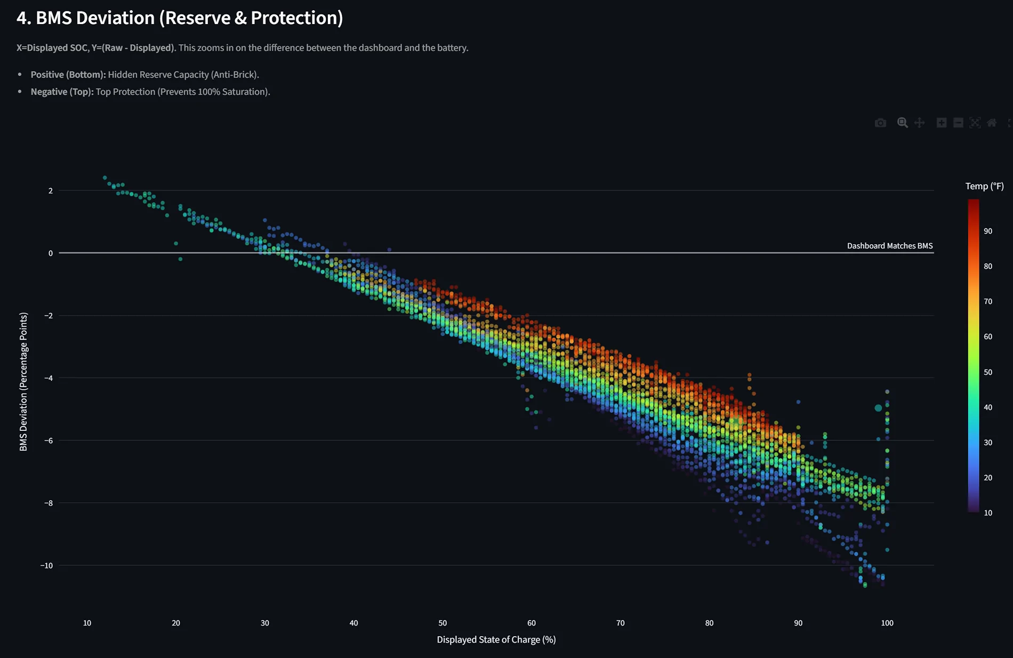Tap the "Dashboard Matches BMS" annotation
coord(889,246)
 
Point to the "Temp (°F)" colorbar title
coord(984,186)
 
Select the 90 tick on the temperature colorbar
coord(988,231)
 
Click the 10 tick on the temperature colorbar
coord(988,513)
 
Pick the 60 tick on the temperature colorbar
coord(988,336)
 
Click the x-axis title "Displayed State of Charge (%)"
coord(496,639)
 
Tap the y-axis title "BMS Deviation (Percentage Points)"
coord(23,382)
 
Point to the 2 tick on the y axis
coord(51,191)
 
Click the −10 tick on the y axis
coord(47,565)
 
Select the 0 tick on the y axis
coord(51,253)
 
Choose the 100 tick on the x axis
coord(887,623)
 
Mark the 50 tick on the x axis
coord(443,623)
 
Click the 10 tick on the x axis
coord(87,623)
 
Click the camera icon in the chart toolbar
coord(880,123)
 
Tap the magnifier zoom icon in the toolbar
coord(902,123)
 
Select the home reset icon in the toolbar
coord(991,123)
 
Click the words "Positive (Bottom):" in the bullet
coord(68,75)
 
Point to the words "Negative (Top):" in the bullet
coord(62,92)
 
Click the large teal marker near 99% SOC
coord(878,408)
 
